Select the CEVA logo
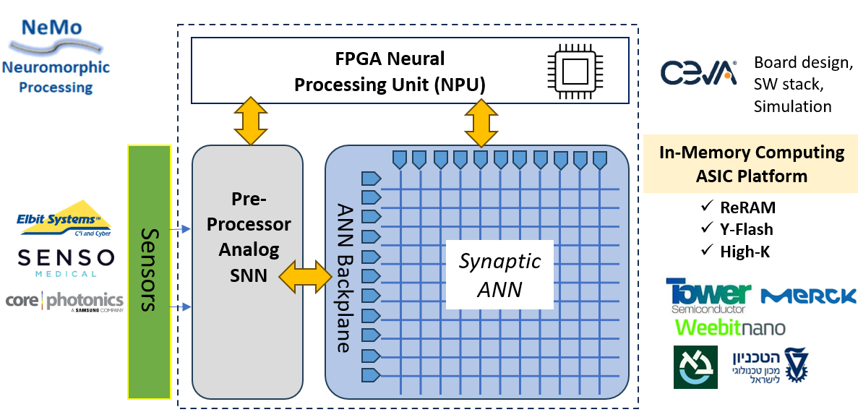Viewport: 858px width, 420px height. coord(698,73)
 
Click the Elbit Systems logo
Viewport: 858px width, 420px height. coord(64,219)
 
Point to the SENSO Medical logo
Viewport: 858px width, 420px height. coord(66,263)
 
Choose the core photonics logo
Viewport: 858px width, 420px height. coord(64,301)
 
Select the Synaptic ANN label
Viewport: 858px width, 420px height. coord(499,275)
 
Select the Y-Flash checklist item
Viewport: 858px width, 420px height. coord(737,230)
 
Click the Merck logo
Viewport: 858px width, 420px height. coord(809,296)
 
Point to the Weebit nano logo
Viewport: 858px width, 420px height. coord(729,327)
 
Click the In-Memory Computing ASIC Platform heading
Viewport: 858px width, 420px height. coord(752,164)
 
